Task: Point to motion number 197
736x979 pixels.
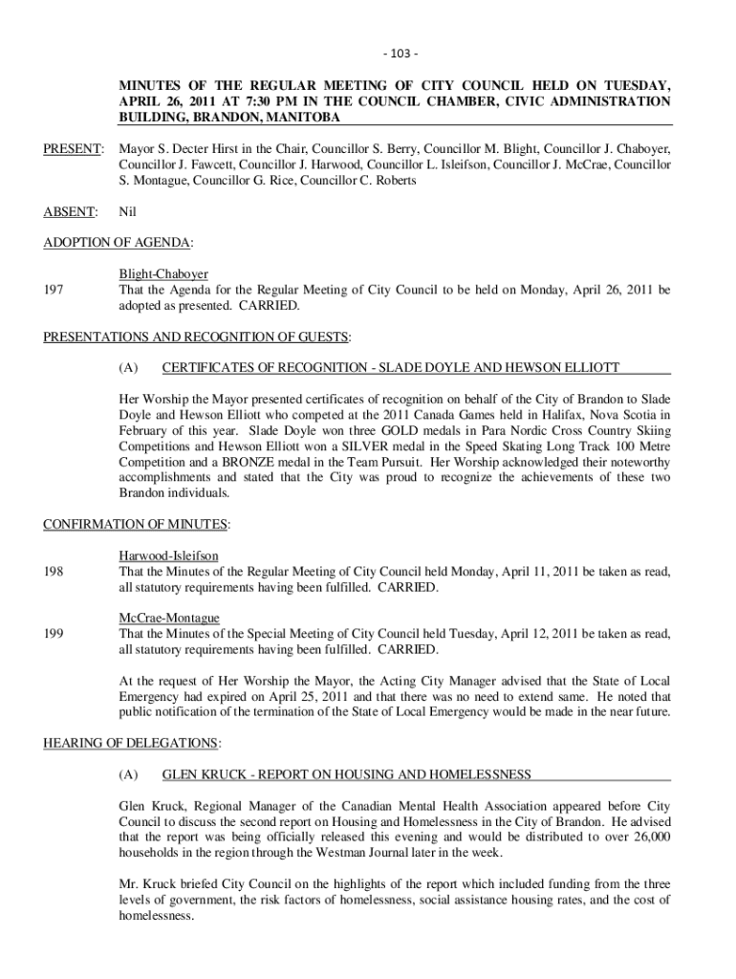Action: (x=54, y=290)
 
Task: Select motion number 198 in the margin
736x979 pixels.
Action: (x=54, y=572)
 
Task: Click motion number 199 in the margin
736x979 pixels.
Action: (x=54, y=634)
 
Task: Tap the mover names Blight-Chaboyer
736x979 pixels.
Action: (x=163, y=274)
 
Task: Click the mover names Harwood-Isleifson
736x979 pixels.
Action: (x=168, y=556)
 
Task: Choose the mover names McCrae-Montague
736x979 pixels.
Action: (x=168, y=619)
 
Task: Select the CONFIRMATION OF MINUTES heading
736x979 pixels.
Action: (x=137, y=525)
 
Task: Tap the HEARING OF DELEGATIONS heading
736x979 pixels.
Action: (x=132, y=743)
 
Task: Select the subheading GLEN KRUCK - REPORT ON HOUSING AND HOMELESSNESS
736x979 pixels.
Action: (x=347, y=774)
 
